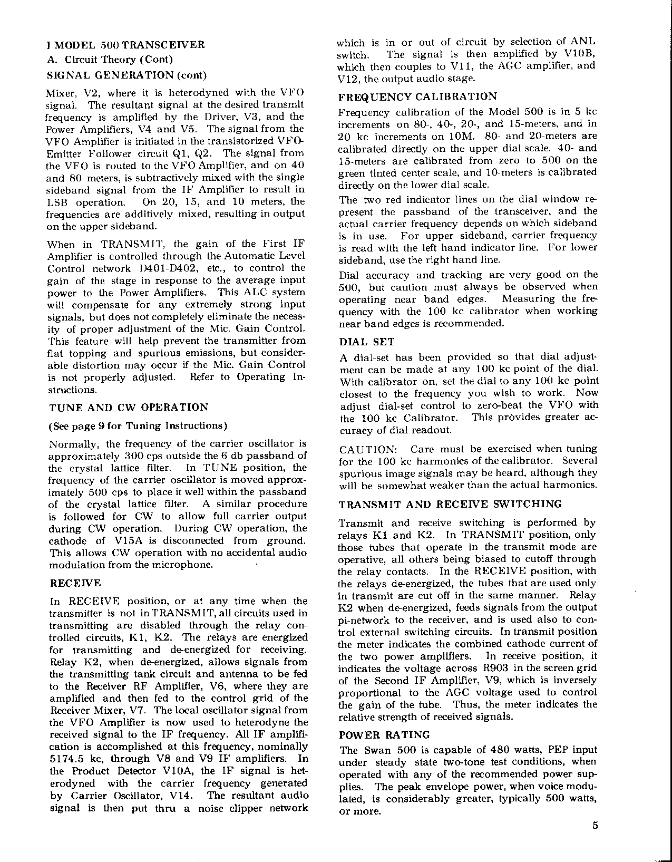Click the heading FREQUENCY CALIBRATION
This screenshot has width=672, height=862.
pyautogui.click(x=417, y=96)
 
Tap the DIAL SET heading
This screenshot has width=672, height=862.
pyautogui.click(x=367, y=342)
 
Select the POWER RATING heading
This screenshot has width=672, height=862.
pyautogui.click(x=384, y=735)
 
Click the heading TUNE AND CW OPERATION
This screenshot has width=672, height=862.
pyautogui.click(x=129, y=408)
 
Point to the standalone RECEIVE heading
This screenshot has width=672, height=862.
pyautogui.click(x=75, y=584)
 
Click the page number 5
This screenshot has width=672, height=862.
pyautogui.click(x=595, y=826)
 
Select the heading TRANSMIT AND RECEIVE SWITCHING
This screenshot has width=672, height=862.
pyautogui.click(x=450, y=505)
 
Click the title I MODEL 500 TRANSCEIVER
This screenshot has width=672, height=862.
pyautogui.click(x=126, y=45)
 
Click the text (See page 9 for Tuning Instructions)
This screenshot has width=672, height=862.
pyautogui.click(x=138, y=426)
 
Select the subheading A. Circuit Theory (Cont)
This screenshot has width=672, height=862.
pyautogui.click(x=111, y=60)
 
